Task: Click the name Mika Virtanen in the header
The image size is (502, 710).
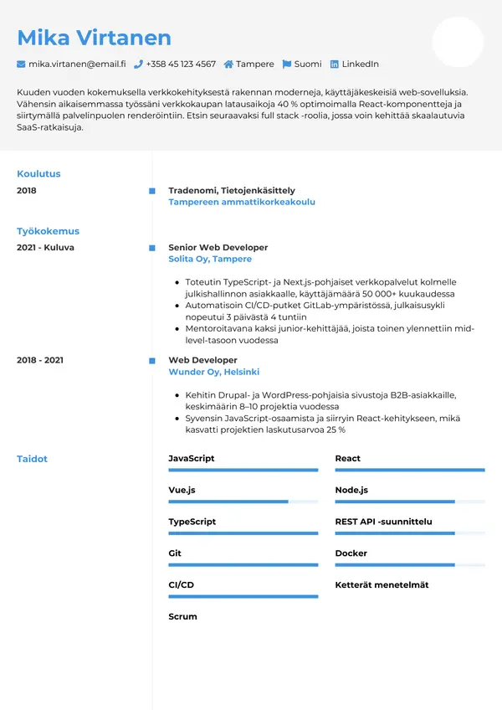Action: (x=94, y=38)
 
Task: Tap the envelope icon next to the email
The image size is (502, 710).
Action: (x=21, y=64)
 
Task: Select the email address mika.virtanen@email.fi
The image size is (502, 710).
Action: (x=76, y=64)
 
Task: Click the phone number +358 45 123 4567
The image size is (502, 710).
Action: (x=180, y=64)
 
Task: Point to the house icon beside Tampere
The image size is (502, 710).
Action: (x=228, y=64)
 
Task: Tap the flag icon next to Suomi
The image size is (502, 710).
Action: (x=287, y=64)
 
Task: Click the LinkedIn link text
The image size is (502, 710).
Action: (x=360, y=64)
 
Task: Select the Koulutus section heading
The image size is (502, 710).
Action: (x=38, y=174)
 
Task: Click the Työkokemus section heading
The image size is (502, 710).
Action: (x=48, y=231)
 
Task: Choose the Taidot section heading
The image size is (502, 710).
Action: (x=32, y=459)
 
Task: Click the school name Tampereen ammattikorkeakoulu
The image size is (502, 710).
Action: (x=241, y=202)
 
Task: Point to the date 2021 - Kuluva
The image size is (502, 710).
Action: (x=45, y=248)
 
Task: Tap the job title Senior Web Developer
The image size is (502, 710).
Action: (x=218, y=248)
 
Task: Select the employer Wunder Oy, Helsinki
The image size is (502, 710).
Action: (x=213, y=372)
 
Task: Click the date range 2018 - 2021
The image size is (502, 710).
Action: (x=40, y=360)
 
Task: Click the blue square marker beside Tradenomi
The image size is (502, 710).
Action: (x=152, y=191)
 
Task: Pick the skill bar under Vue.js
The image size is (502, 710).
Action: (x=243, y=502)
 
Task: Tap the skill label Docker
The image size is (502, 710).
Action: (x=351, y=553)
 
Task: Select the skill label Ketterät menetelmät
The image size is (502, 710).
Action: (x=382, y=585)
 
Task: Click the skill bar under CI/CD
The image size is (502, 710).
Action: (x=243, y=596)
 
